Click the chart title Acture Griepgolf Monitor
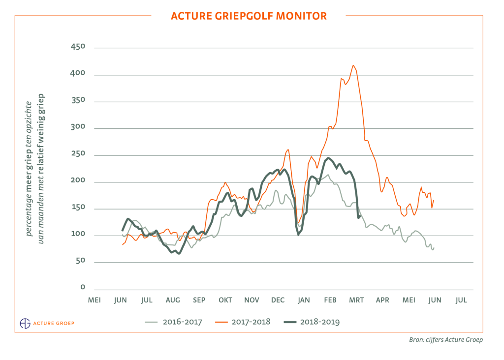(x=249, y=16)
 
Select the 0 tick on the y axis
(x=83, y=288)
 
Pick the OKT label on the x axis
(x=225, y=300)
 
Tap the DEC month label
(x=278, y=300)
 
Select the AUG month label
(x=173, y=300)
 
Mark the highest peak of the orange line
(x=353, y=65)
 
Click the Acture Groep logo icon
(x=25, y=323)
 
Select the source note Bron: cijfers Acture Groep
(x=445, y=339)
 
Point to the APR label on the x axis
(x=382, y=300)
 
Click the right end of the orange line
(x=434, y=200)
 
